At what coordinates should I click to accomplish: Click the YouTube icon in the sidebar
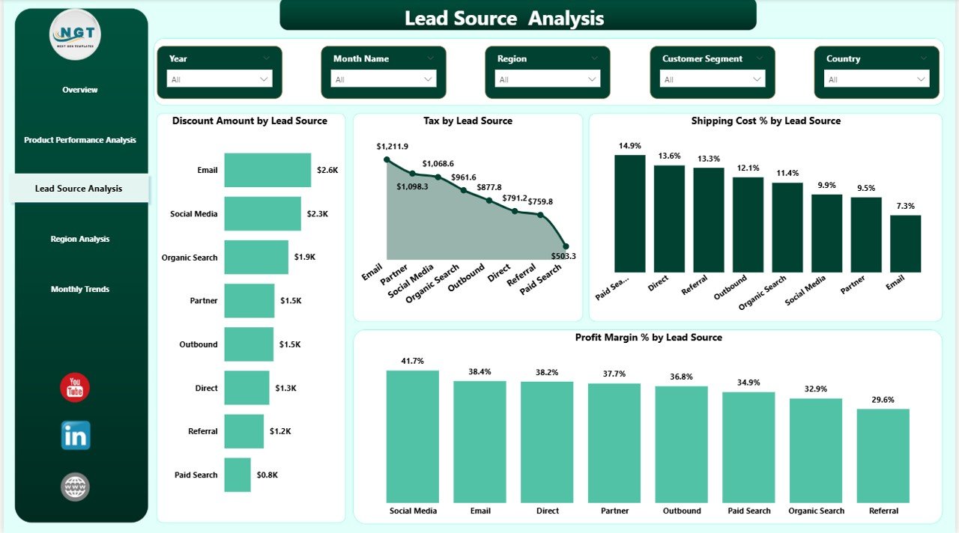coord(75,388)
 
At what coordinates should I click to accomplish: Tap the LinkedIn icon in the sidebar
coord(76,435)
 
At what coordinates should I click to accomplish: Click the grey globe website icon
coord(75,487)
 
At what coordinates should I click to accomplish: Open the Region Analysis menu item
coord(80,239)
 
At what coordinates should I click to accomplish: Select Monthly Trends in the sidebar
coord(80,289)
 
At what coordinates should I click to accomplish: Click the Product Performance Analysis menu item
coord(80,140)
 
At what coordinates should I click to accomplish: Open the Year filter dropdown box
coord(219,79)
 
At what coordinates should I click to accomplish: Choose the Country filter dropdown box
coord(876,79)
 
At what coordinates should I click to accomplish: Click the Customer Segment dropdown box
coord(712,79)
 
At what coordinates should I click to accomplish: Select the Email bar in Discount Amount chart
coord(267,170)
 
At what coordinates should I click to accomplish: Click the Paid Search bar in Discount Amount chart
coord(238,475)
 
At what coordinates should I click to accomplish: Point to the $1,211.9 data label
coord(393,146)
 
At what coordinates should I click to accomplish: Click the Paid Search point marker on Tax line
coord(566,246)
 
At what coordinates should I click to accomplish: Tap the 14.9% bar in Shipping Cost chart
coord(629,213)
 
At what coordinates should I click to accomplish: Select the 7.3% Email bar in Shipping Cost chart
coord(905,243)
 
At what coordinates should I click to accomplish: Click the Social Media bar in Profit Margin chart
coord(412,436)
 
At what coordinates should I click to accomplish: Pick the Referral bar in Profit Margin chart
coord(883,455)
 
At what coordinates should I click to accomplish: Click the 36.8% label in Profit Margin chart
coord(681,377)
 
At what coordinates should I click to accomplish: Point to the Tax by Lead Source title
coord(468,121)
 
